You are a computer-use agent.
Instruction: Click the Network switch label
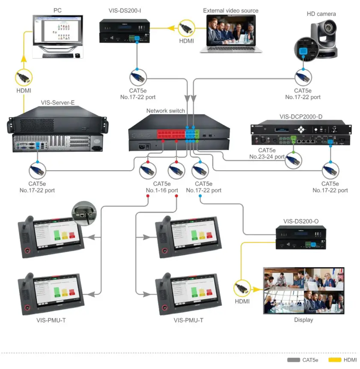165,111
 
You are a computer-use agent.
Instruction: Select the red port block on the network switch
171,136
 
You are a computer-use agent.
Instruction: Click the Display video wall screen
304,290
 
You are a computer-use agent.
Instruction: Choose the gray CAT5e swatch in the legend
294,360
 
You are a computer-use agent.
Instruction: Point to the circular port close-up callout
84,212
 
